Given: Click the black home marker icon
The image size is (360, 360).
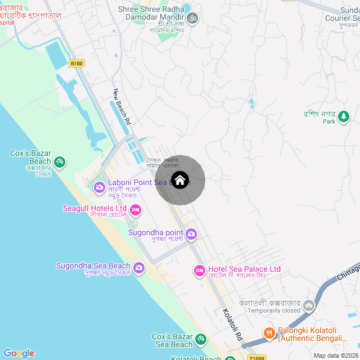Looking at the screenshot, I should coord(179,180).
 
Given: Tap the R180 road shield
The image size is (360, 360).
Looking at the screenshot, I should coord(77,64).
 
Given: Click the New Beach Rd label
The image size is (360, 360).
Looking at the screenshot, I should coord(122,107).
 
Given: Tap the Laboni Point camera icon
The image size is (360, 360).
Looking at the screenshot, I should coord(100,187).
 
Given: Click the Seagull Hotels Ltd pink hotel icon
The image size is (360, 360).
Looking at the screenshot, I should coord(136,210).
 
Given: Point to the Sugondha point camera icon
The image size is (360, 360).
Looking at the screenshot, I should coord(191,233).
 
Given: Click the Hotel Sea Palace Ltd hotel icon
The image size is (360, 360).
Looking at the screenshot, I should coord(200,271).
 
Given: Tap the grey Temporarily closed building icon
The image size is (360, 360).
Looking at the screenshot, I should coord(308,306).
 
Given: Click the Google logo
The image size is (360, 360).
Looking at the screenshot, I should coord(19,353).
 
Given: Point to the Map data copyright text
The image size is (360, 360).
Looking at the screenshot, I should coord(336,355).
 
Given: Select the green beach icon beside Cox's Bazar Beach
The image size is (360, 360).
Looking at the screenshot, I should coord(60,163).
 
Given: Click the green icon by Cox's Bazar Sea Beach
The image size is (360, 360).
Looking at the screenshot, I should coord(200,340).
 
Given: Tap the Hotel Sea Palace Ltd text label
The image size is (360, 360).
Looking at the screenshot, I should coord(244,269).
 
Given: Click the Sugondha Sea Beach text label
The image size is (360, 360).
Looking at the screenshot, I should coord(93,265).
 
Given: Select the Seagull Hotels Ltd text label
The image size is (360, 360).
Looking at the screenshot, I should coord(94,209).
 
